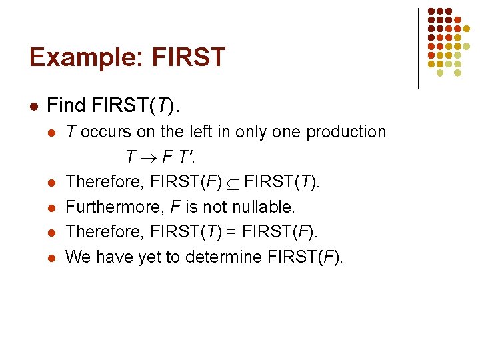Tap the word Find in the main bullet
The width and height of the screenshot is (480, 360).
tap(67, 105)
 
